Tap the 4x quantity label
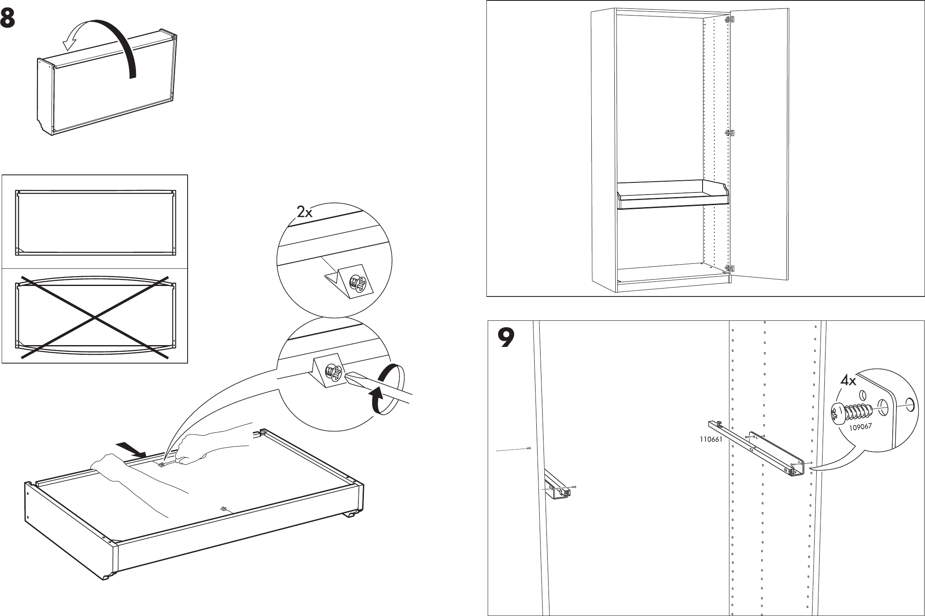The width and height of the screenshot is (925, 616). pyautogui.click(x=848, y=381)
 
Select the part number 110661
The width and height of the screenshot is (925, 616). pyautogui.click(x=711, y=440)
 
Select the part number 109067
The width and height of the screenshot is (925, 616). pyautogui.click(x=860, y=427)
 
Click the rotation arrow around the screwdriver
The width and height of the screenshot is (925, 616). pyautogui.click(x=387, y=390)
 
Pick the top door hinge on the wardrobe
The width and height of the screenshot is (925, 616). pyautogui.click(x=730, y=19)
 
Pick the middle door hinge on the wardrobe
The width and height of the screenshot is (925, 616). pyautogui.click(x=730, y=133)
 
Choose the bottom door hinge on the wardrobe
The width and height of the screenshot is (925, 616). pyautogui.click(x=730, y=268)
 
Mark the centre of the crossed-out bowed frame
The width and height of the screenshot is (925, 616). pyautogui.click(x=96, y=317)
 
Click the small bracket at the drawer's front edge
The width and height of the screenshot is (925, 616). pyautogui.click(x=225, y=509)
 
